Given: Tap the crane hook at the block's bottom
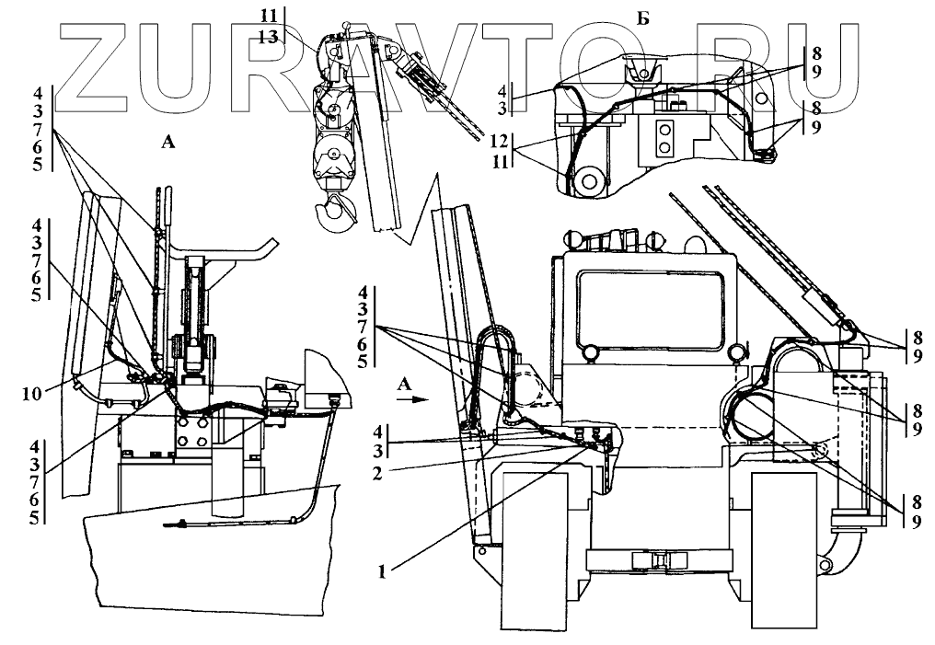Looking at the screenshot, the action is (x=333, y=212).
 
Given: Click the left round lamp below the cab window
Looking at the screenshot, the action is (x=590, y=350).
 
